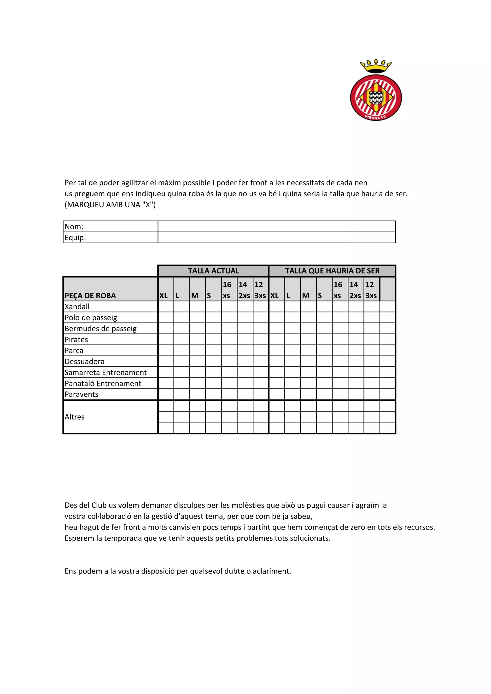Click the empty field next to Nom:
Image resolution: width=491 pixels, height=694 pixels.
click(276, 226)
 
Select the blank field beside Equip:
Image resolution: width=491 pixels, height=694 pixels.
click(276, 237)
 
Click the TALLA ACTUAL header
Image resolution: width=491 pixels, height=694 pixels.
click(213, 271)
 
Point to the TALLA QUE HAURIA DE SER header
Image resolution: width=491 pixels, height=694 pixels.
click(332, 271)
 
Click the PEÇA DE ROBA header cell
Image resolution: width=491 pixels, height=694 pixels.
click(90, 295)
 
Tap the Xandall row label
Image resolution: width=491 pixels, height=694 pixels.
click(77, 307)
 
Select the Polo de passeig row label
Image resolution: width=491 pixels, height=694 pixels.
click(91, 317)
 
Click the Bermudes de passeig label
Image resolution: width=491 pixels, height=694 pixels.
click(100, 328)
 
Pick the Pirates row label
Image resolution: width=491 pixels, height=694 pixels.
click(76, 339)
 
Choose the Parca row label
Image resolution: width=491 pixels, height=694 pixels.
click(74, 350)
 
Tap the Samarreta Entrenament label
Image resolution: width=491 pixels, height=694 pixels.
click(105, 372)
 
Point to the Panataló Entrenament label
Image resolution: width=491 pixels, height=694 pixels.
click(103, 383)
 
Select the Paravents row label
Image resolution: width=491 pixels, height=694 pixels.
click(81, 394)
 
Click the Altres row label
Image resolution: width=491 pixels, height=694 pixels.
click(74, 417)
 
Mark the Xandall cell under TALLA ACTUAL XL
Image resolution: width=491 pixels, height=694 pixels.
click(166, 307)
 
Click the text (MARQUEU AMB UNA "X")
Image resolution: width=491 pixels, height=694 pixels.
click(110, 205)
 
